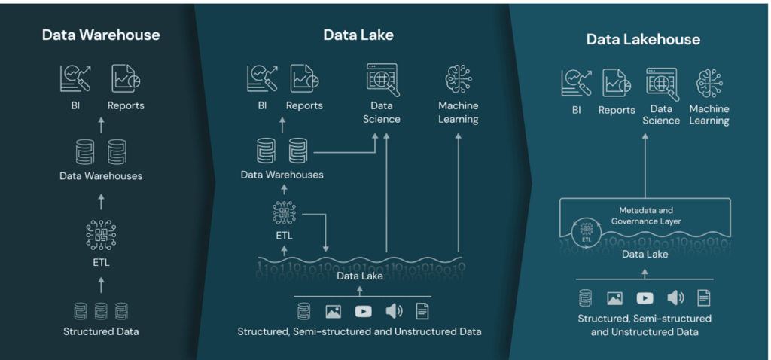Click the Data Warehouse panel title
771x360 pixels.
point(101,35)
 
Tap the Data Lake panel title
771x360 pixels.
point(358,35)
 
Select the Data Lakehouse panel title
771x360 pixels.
point(643,39)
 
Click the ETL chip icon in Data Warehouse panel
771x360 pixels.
point(101,234)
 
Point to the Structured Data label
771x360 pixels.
point(101,331)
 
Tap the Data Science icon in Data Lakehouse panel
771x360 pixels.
point(662,84)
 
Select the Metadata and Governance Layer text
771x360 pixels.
point(645,215)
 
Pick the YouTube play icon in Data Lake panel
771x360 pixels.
point(363,311)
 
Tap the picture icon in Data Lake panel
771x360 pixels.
point(333,311)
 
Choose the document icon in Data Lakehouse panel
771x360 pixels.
point(704,297)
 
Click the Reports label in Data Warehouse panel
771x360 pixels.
point(126,105)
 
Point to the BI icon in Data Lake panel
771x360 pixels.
point(262,78)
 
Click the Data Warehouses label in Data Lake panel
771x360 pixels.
point(282,175)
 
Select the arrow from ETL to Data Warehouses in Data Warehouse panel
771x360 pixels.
point(102,201)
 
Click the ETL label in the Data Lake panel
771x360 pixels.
point(284,236)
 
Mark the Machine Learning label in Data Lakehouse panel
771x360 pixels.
point(709,114)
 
